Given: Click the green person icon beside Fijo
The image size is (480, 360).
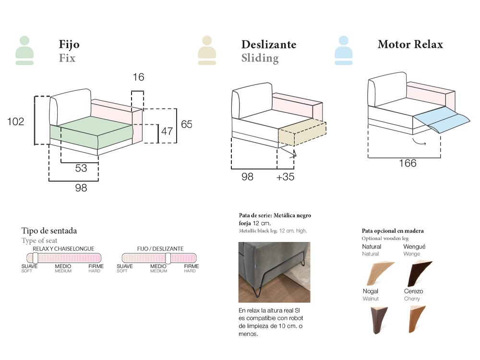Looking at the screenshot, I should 24,50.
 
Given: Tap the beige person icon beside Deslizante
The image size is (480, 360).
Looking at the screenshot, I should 207,50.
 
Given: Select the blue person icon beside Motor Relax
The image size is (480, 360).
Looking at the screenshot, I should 344,50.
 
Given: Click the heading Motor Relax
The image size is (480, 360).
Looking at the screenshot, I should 410,45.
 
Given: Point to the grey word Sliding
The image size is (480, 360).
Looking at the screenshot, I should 260,59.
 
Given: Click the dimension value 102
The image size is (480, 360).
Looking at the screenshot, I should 16,122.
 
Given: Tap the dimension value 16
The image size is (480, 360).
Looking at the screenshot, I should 138,77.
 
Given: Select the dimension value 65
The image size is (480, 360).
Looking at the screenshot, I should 186,124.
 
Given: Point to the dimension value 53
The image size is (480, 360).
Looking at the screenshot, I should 81,168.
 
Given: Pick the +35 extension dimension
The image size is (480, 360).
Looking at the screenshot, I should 286,177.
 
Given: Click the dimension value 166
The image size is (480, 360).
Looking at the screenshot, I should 408,163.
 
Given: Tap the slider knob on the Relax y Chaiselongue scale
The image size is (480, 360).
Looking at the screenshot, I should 36,258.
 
